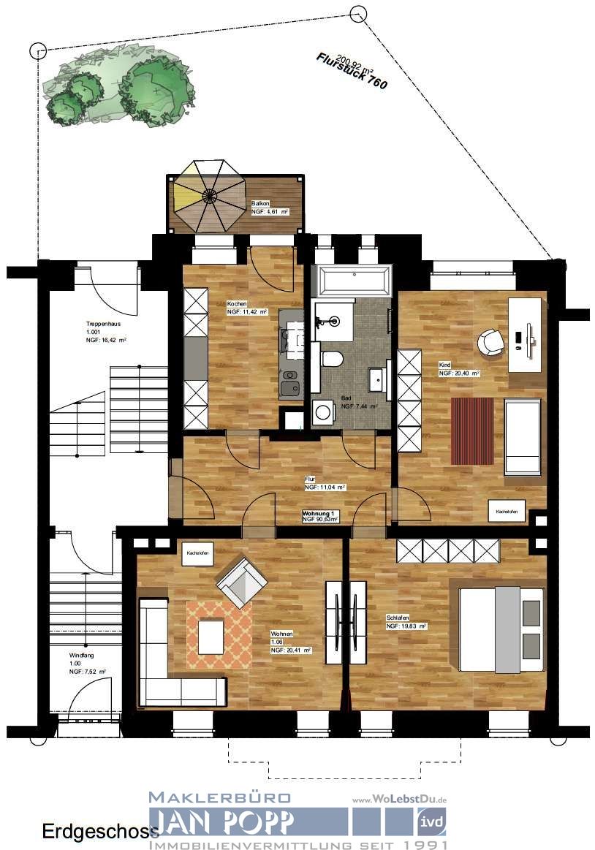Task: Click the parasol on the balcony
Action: point(210,195)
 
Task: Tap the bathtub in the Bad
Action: point(352,278)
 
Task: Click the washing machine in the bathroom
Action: point(322,412)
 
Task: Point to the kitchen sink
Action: point(289,387)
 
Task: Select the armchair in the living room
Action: point(241,581)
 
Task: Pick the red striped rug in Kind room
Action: point(473,430)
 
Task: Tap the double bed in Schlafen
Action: point(501,629)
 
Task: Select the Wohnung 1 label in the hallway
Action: point(319,515)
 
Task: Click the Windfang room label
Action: point(82,656)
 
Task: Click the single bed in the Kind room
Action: point(522,436)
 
